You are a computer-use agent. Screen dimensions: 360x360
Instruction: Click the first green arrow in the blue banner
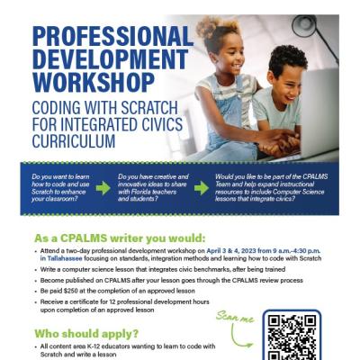tap(103, 187)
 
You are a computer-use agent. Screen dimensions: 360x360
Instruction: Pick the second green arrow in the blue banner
tap(201, 187)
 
